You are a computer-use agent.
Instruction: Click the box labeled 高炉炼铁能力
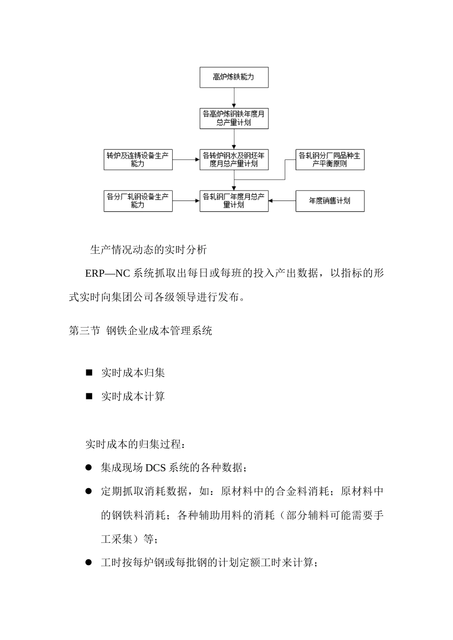[234, 77]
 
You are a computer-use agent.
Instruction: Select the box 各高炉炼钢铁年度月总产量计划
[234, 118]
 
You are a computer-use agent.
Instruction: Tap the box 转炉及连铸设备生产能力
[138, 160]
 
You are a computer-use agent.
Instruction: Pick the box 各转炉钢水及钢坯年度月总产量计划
[234, 160]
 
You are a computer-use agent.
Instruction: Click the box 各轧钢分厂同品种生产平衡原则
[329, 160]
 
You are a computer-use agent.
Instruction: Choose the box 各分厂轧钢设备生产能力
[138, 201]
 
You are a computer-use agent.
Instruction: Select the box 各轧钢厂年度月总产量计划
[234, 201]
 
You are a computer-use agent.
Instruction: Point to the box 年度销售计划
[329, 201]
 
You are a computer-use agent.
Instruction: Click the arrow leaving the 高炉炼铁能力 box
[234, 98]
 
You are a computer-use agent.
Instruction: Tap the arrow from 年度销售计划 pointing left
[282, 201]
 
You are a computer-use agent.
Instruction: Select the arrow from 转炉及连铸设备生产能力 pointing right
[186, 160]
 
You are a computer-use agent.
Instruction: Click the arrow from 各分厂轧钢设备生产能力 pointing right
[186, 201]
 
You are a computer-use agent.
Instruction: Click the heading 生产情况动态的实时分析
[148, 250]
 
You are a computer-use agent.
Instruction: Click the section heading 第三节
[84, 330]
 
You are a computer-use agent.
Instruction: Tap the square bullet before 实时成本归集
[89, 372]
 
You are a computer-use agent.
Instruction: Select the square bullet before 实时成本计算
[89, 396]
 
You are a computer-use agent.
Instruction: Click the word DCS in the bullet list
[155, 468]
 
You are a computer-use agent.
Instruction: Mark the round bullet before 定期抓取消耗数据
[89, 491]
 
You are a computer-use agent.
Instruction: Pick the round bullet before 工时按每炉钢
[89, 562]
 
